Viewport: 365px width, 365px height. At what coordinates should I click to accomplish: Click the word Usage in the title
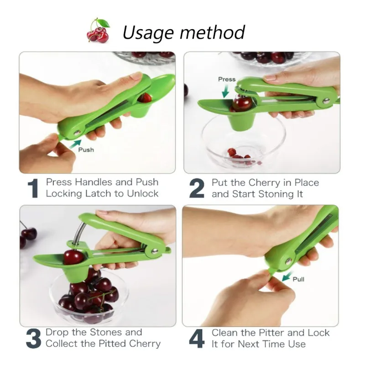[147, 33]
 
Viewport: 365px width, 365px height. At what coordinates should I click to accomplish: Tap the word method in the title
[212, 32]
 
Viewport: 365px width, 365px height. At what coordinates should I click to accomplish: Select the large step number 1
[33, 188]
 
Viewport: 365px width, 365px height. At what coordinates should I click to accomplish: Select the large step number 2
[197, 188]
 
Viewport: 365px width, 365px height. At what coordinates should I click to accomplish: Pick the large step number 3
[33, 339]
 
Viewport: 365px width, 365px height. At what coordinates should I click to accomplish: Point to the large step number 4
[197, 339]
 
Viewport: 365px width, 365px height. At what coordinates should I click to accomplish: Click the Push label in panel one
[86, 150]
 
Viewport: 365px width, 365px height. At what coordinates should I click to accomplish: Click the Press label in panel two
[227, 79]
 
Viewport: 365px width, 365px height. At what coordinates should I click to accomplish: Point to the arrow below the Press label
[225, 91]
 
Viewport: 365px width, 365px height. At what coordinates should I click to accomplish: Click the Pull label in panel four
[298, 279]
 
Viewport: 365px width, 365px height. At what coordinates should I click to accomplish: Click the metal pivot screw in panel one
[77, 133]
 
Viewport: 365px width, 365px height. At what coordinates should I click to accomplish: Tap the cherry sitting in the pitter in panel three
[73, 257]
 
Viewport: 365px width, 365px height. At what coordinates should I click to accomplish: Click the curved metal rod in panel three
[78, 233]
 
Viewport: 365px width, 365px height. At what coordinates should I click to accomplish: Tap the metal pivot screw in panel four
[288, 261]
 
